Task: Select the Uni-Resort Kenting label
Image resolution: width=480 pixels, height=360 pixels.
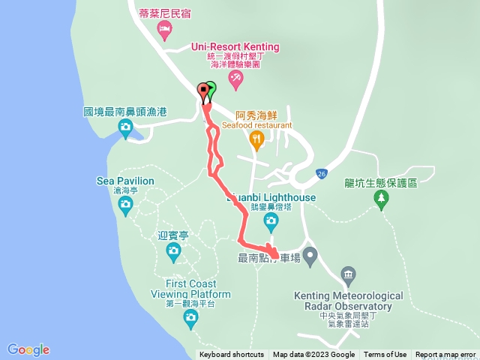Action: [x=235, y=46]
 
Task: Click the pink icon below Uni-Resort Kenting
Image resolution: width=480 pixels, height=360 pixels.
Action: [x=235, y=76]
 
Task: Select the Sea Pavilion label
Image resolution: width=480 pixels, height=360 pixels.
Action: [x=125, y=181]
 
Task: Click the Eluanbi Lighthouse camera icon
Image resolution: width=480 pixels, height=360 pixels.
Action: [x=271, y=220]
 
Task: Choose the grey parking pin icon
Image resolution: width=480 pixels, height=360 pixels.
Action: [x=310, y=255]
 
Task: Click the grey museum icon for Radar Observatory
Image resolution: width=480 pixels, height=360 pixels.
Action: [x=348, y=275]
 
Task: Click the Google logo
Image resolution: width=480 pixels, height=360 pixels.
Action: [x=28, y=349]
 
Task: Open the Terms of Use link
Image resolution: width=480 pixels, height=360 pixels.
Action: [x=385, y=355]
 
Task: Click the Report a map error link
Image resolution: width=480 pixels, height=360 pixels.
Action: [x=446, y=355]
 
